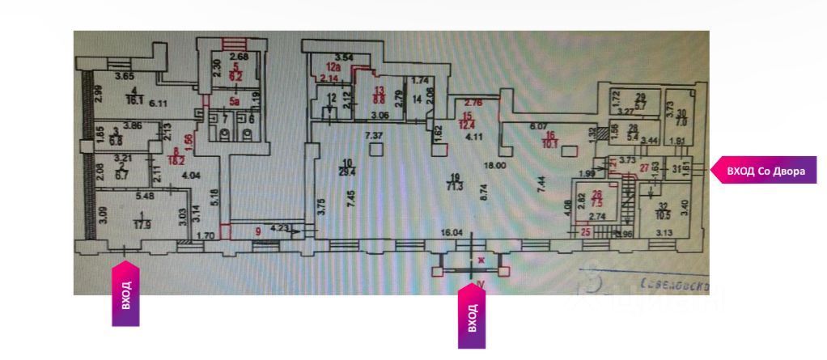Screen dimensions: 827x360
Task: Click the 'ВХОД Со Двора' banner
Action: point(764,170)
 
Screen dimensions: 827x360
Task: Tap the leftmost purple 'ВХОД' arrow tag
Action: point(125,294)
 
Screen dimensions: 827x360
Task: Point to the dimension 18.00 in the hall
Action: point(495,164)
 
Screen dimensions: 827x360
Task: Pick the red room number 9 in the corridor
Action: point(258,230)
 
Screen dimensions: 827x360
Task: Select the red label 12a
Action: point(331,68)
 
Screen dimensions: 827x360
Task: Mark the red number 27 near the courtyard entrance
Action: point(645,167)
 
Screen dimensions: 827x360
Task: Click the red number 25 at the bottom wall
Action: point(585,232)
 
